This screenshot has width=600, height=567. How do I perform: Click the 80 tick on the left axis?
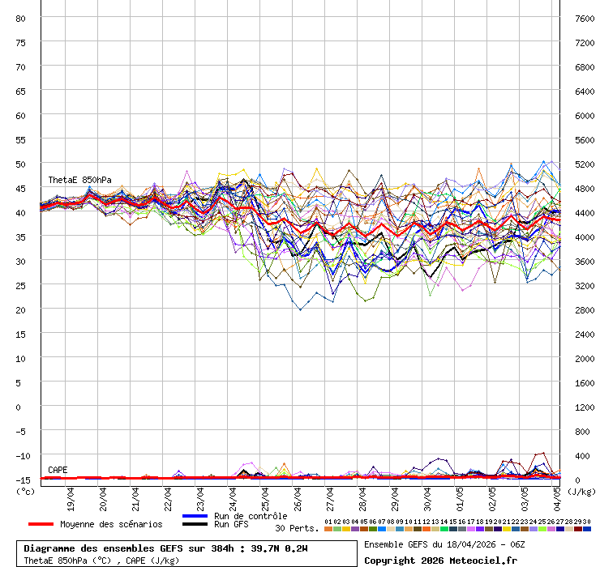(21, 18)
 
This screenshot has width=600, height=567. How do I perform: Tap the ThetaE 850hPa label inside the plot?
(79, 180)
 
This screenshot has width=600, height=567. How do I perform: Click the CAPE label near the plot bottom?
(58, 470)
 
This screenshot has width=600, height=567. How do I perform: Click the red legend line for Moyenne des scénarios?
(52, 524)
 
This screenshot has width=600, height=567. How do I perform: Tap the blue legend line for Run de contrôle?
(195, 516)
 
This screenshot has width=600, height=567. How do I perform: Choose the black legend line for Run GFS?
(195, 525)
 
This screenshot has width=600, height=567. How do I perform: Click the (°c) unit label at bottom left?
(26, 491)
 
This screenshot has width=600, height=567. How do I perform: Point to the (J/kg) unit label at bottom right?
(581, 491)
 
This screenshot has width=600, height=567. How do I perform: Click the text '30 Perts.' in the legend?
(296, 528)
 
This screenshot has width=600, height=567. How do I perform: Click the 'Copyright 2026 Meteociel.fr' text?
(440, 560)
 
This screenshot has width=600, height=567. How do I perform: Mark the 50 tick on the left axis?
(21, 164)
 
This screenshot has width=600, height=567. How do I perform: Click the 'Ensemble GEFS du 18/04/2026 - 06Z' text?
(444, 544)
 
